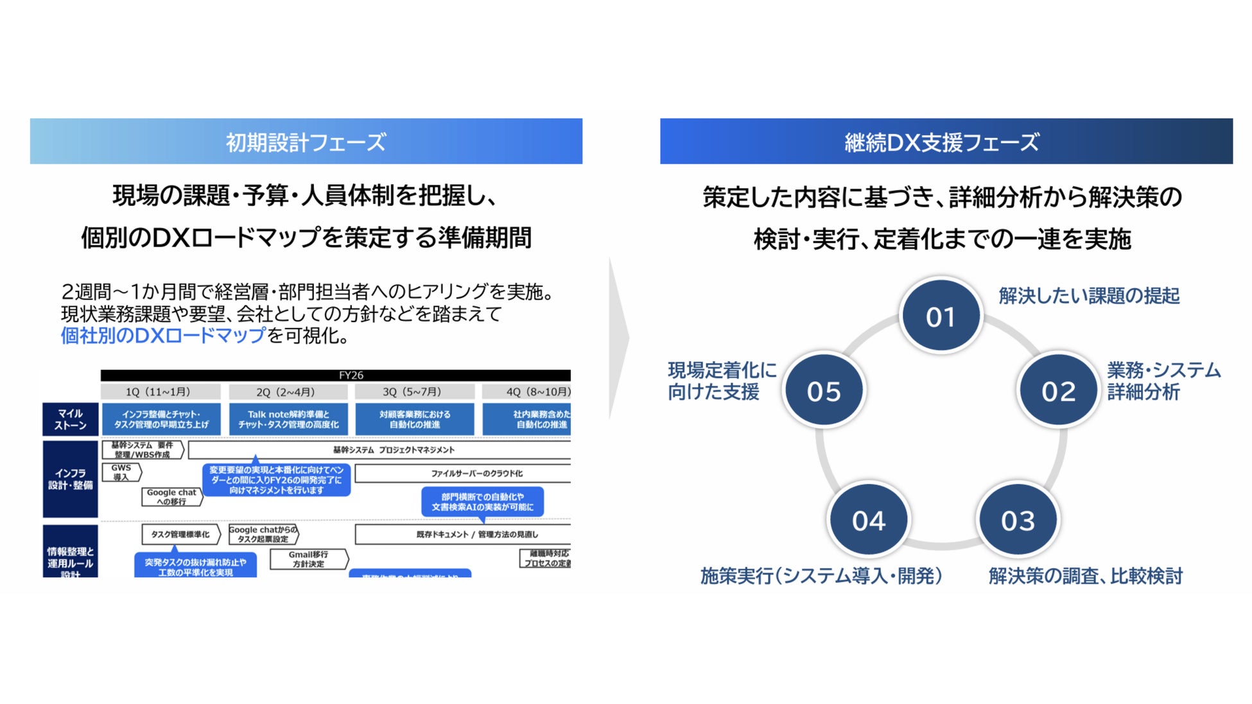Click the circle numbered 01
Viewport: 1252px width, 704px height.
(x=941, y=316)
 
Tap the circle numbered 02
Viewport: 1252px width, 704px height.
(x=1058, y=390)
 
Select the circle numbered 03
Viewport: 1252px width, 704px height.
(x=1018, y=520)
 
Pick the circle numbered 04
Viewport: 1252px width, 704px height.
(x=869, y=520)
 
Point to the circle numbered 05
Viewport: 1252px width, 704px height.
(x=824, y=390)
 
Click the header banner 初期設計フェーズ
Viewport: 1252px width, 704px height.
(x=306, y=141)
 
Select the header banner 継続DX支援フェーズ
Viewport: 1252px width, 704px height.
(x=946, y=141)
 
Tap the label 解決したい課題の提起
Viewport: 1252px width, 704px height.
(x=1089, y=296)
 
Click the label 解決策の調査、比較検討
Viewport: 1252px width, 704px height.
(x=1085, y=576)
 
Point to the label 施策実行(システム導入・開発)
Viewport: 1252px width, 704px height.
(x=821, y=576)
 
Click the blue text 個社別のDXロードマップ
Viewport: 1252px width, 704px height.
(x=163, y=335)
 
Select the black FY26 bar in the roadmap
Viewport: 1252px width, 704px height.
(x=335, y=375)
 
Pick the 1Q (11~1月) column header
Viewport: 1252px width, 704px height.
(x=160, y=391)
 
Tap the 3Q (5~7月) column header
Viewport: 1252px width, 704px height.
(x=414, y=391)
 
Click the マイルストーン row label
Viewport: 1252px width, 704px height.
(x=71, y=420)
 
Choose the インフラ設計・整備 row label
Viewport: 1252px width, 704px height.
(x=71, y=479)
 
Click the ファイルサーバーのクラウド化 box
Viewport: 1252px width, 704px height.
(x=462, y=474)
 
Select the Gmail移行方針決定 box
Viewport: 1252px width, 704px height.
(x=308, y=559)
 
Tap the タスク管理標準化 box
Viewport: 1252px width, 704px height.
(x=180, y=534)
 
